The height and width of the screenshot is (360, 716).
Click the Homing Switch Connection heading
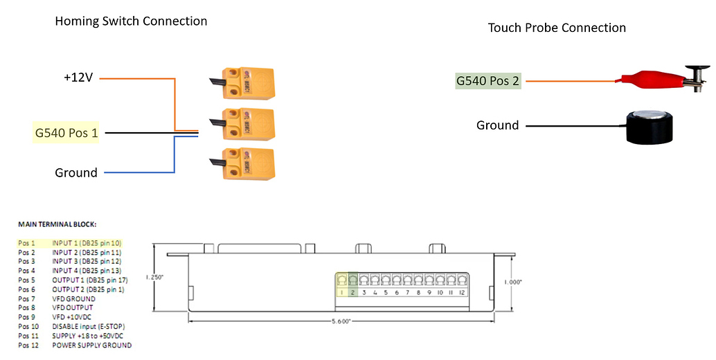(x=131, y=21)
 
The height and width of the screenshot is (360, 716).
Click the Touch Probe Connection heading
(x=557, y=28)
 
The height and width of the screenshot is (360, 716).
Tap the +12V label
(x=78, y=78)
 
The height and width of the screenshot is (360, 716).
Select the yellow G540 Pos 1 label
(x=66, y=132)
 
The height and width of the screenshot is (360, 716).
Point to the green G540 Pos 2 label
(x=488, y=81)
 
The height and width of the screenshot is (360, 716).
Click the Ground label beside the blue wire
(x=76, y=172)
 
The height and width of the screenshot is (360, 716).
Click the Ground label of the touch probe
(x=497, y=125)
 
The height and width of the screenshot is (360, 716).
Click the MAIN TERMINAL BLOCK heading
(x=57, y=224)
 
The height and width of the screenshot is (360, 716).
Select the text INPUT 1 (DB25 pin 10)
(x=87, y=243)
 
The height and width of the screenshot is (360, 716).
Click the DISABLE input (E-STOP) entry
(x=89, y=325)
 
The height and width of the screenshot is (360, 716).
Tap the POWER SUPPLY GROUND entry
(x=91, y=345)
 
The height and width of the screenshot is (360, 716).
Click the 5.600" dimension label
(x=341, y=321)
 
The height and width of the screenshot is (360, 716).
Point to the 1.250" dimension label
(x=156, y=277)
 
